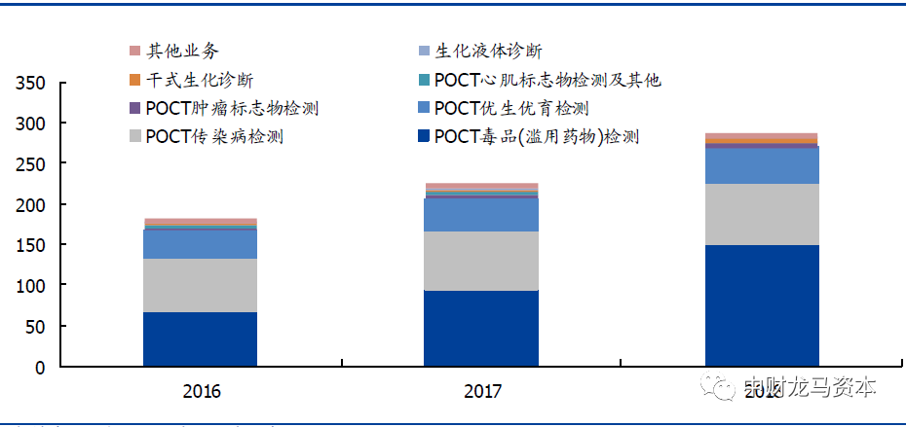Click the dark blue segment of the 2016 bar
pos(200,339)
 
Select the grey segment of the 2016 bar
pos(200,285)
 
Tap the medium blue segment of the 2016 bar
pos(200,243)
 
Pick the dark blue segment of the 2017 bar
pos(481,328)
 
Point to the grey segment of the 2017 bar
pos(481,261)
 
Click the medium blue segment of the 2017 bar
pos(481,214)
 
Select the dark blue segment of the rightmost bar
pos(762,305)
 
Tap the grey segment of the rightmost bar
pos(762,214)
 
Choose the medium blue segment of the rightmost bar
pos(762,165)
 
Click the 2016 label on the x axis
pos(202,391)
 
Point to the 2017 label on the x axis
pos(482,391)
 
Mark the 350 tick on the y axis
pos(32,84)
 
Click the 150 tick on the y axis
pos(32,246)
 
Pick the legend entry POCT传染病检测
pos(213,136)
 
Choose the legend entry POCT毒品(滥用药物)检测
pos(537,136)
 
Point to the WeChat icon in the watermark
pos(722,388)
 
